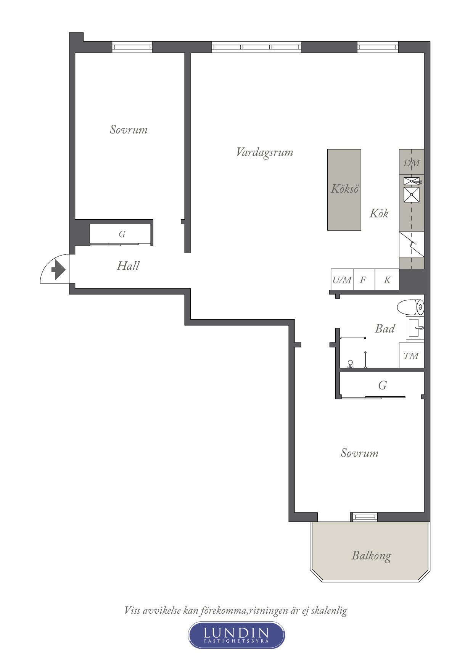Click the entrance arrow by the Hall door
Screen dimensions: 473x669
pos(58,270)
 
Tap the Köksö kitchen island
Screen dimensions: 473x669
pos(344,190)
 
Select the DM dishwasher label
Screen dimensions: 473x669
pos(412,163)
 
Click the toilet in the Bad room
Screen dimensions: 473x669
pos(410,307)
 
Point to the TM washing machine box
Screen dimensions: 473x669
pos(412,355)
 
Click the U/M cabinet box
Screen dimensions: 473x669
pos(342,280)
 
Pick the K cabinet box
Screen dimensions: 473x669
pos(387,280)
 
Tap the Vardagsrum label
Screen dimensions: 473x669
pos(265,152)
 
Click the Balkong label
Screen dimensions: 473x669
pos(371,555)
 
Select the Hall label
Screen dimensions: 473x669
pos(128,266)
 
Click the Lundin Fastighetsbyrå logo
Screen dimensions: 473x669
pos(236,635)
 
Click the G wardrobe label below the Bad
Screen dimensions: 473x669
pos(383,385)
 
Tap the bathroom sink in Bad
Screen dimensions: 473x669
pos(415,328)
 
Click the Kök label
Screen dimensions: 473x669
pos(379,213)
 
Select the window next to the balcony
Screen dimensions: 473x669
pos(364,517)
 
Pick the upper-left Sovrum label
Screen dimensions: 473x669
pos(129,130)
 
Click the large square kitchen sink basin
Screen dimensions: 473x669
pos(412,195)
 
